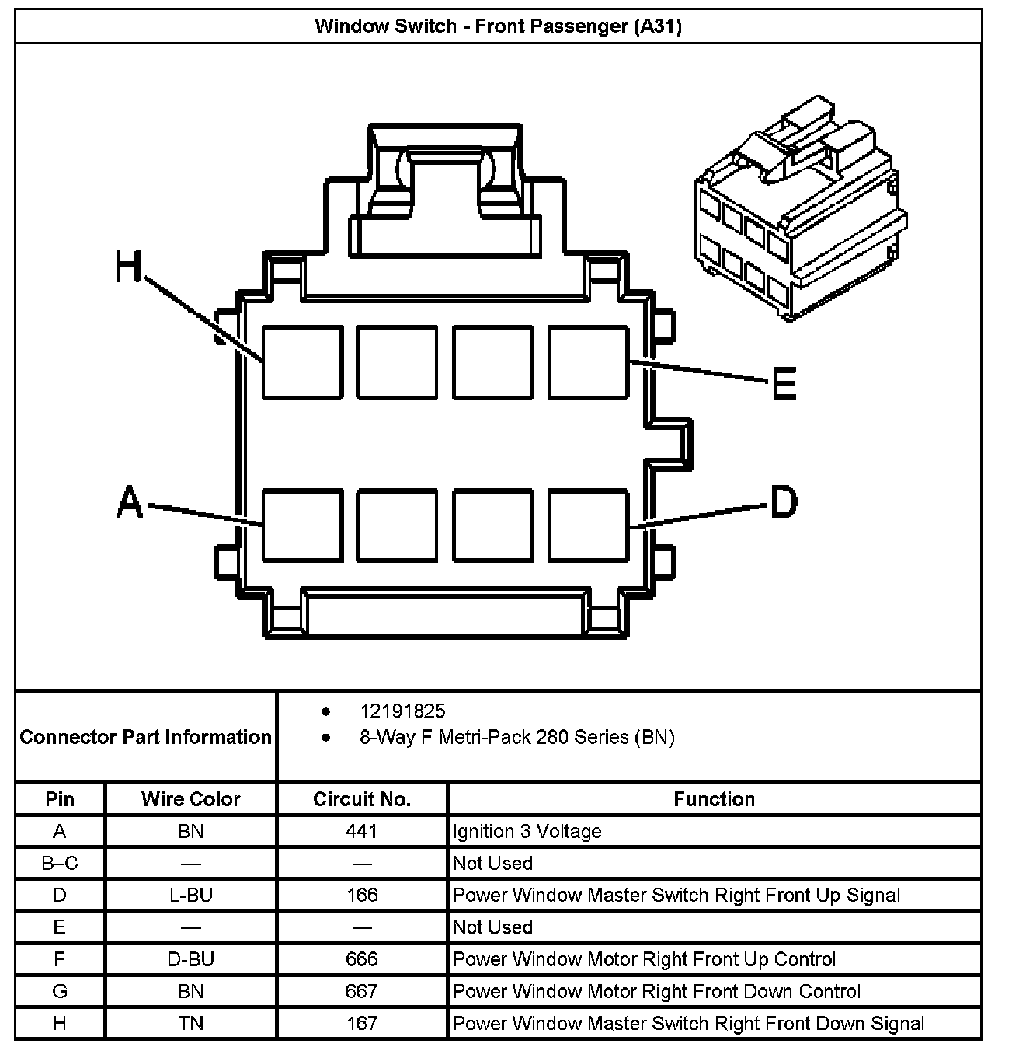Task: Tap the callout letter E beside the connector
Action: (784, 384)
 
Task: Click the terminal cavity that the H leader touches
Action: (302, 363)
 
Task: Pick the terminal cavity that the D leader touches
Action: (588, 525)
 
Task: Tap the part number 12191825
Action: (402, 711)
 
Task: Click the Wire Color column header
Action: (190, 799)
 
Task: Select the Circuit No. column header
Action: (362, 799)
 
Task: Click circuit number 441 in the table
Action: (362, 831)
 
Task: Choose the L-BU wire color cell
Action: (190, 895)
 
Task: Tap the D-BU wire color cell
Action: (190, 959)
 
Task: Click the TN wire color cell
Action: (190, 1023)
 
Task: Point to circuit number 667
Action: (362, 991)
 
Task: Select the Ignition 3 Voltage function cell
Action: (527, 831)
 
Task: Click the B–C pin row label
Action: (60, 863)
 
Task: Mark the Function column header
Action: (714, 799)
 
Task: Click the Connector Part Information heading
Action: (145, 737)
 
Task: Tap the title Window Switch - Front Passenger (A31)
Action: (498, 26)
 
